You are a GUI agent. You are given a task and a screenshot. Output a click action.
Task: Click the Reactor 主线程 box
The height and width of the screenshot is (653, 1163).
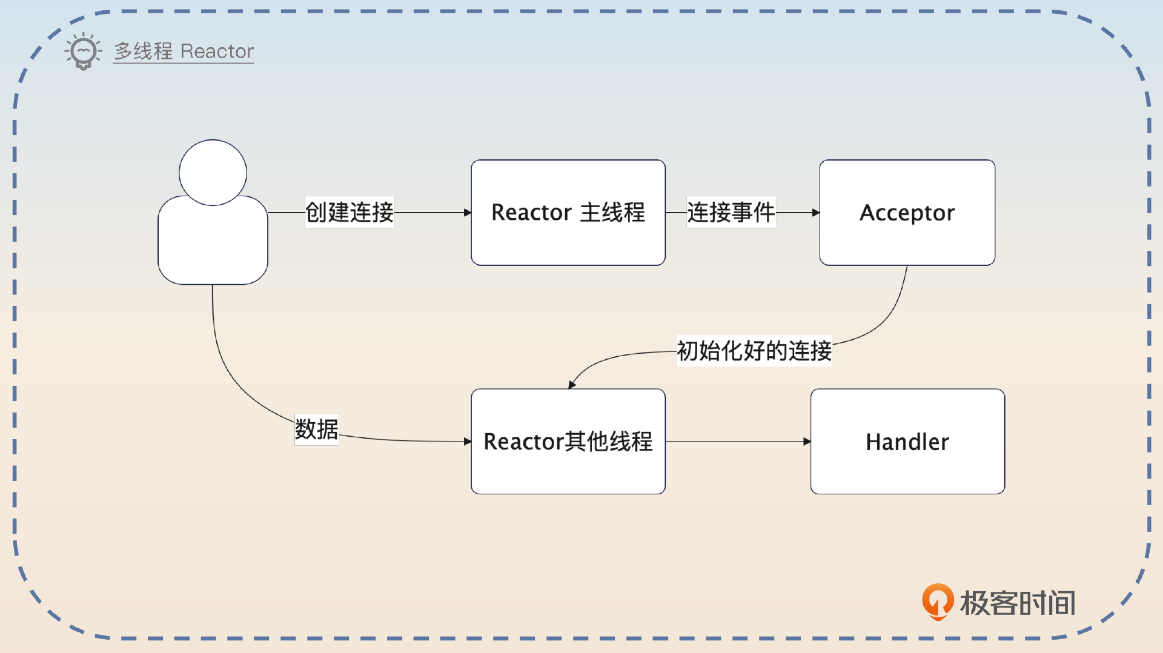[568, 213]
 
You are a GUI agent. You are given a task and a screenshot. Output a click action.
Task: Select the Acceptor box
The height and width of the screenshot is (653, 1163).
[907, 213]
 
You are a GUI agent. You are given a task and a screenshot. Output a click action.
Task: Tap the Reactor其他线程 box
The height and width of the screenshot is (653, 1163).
[568, 442]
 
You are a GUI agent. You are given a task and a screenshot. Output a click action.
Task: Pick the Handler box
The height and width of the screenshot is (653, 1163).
[907, 442]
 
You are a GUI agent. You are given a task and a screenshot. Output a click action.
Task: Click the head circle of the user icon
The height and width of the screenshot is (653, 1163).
[213, 173]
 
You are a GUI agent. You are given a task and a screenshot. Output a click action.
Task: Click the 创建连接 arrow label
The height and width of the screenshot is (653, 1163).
[350, 213]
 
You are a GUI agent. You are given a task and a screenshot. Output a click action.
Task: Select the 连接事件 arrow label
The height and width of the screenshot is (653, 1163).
[731, 213]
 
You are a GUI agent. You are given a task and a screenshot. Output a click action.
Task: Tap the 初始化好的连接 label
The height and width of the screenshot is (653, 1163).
[754, 351]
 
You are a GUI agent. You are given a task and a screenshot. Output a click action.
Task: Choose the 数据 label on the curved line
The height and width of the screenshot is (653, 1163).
[316, 429]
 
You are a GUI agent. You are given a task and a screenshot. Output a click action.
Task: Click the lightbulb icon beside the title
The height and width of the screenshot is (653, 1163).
[83, 51]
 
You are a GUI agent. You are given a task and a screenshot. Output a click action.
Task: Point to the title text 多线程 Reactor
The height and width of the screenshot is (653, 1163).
[184, 51]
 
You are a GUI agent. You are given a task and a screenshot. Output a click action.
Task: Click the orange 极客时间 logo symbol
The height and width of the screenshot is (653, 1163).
[937, 602]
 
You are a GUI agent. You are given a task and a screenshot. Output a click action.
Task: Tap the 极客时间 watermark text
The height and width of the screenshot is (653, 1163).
[1018, 603]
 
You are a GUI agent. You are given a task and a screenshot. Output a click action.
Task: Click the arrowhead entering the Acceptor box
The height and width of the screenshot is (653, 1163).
[816, 213]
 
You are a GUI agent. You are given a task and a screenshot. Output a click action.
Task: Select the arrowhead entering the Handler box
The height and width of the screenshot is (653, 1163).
[807, 442]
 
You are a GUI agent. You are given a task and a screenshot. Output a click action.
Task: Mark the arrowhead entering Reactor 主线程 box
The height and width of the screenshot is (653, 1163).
[468, 213]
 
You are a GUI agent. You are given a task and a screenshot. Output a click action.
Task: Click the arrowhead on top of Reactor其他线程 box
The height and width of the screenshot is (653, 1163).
[571, 385]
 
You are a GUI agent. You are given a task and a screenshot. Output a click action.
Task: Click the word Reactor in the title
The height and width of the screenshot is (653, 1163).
[217, 51]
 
